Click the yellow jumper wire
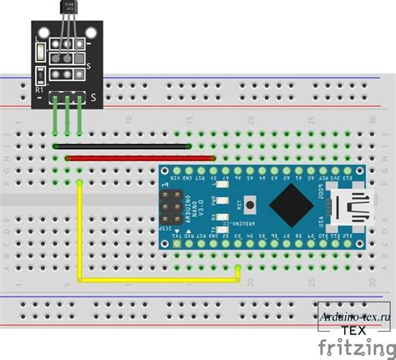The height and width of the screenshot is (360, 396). pyautogui.click(x=159, y=280)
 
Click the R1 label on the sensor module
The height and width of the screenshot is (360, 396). pyautogui.click(x=39, y=88)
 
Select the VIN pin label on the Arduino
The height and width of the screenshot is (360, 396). pyautogui.click(x=175, y=177)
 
